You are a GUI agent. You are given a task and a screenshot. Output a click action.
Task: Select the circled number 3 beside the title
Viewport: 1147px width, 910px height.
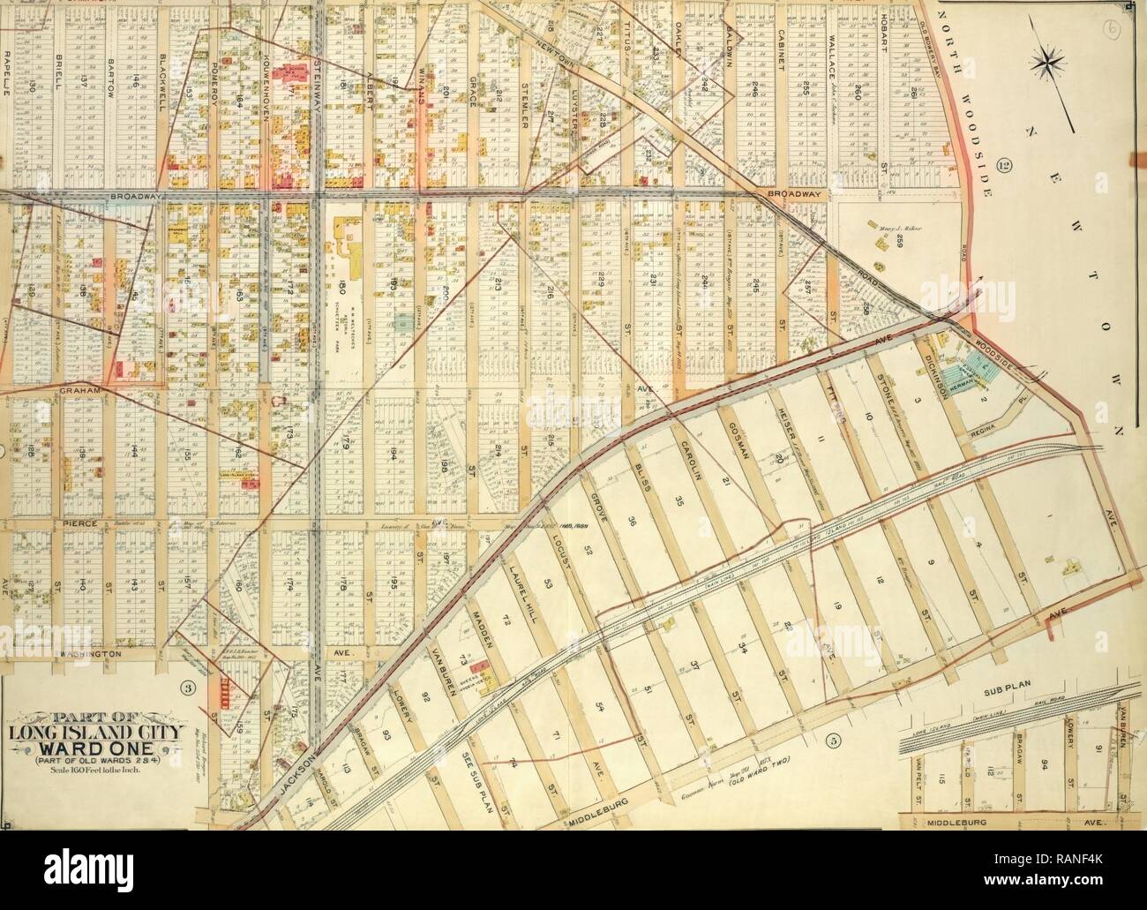pos(188,688)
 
